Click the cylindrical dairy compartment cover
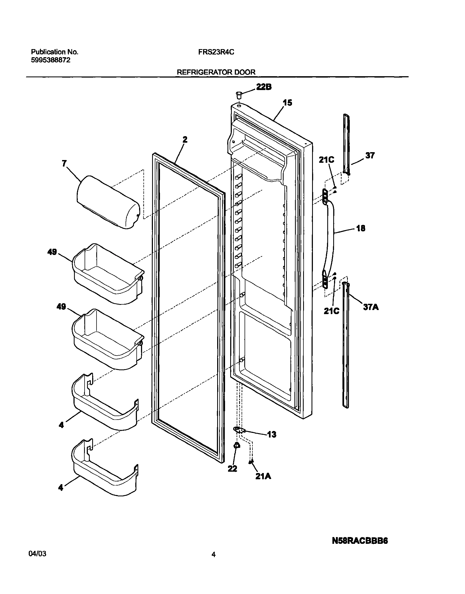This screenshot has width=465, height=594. (108, 202)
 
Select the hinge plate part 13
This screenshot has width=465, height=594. (239, 430)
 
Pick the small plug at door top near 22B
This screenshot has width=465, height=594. (239, 95)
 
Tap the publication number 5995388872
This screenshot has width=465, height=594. (51, 60)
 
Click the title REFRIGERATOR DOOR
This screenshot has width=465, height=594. (216, 72)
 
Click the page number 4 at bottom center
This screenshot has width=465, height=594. (213, 554)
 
